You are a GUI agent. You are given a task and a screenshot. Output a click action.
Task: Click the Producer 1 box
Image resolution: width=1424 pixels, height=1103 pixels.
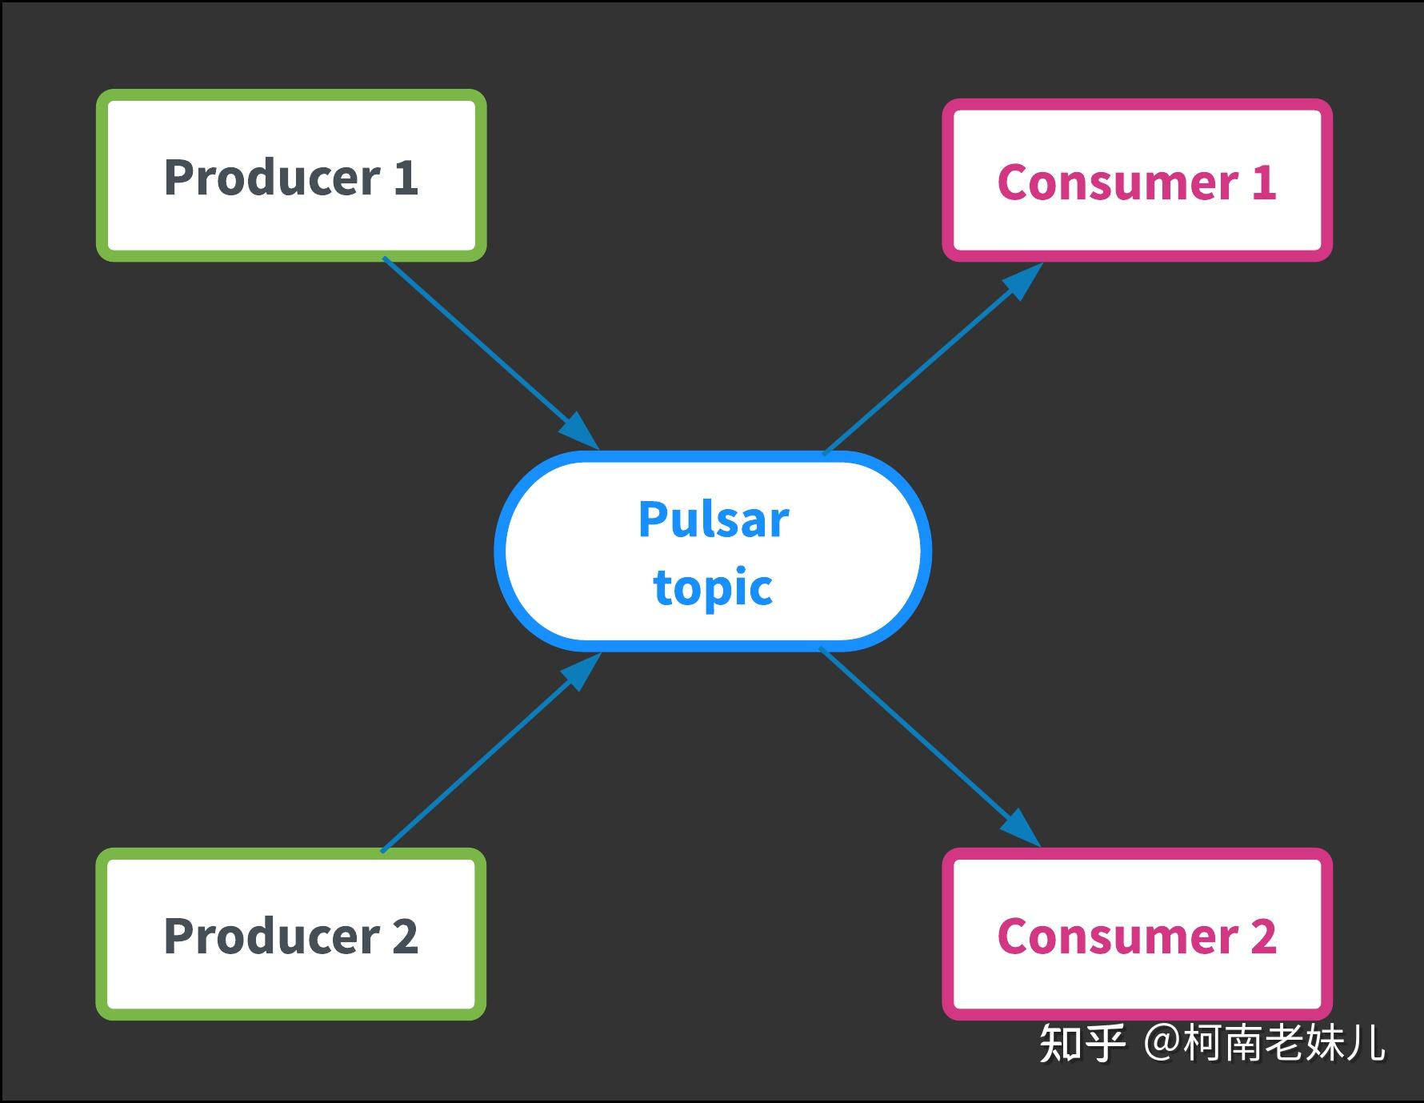coord(291,175)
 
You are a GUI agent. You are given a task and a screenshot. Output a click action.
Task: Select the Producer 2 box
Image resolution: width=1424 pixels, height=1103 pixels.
coord(291,934)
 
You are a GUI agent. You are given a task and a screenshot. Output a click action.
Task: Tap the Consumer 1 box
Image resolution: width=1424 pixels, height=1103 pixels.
coord(1137,181)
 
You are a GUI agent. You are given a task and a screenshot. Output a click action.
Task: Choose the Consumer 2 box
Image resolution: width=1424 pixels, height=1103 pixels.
coord(1137,934)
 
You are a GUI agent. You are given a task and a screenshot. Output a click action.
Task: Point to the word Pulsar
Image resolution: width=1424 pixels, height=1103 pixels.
coord(714,519)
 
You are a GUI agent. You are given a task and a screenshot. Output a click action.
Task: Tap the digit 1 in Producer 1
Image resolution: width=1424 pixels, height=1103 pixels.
coord(406,177)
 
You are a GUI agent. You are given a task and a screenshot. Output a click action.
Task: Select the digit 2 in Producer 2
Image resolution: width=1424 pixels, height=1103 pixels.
coord(405,936)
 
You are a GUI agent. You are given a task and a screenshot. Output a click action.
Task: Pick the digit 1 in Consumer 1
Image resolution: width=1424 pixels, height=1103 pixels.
coord(1263,182)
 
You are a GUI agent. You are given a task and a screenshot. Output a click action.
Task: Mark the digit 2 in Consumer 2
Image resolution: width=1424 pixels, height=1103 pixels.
coord(1263,936)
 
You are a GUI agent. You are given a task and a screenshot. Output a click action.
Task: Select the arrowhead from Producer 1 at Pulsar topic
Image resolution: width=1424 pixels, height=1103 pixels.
coord(579,431)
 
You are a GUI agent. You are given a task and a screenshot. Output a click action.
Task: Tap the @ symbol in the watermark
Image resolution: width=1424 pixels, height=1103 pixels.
coord(1161,1044)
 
